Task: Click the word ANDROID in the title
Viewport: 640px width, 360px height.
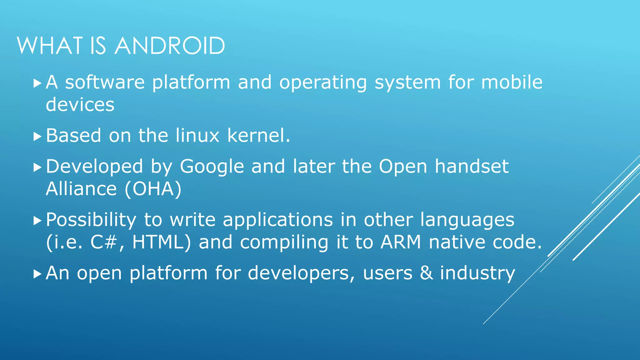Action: (170, 46)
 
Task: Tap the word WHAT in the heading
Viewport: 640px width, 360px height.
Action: (50, 46)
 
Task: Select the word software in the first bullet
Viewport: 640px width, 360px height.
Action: (105, 82)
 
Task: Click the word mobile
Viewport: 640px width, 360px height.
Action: (512, 82)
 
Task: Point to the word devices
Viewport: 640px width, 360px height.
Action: (80, 104)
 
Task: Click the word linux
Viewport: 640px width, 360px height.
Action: (197, 135)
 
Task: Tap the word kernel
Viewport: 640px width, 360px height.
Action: (259, 135)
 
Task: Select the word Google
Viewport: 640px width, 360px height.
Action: (212, 166)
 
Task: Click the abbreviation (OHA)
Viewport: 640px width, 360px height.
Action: (153, 189)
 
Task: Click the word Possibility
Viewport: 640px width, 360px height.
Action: (91, 220)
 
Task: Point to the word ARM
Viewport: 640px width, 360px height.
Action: (401, 242)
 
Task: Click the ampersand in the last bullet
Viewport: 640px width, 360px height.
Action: (426, 273)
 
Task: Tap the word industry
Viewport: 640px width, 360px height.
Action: (477, 273)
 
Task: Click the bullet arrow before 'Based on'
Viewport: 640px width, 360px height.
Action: (37, 137)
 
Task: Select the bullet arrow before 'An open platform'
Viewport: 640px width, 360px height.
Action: (37, 274)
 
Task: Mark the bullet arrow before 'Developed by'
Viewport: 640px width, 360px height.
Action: (37, 167)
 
